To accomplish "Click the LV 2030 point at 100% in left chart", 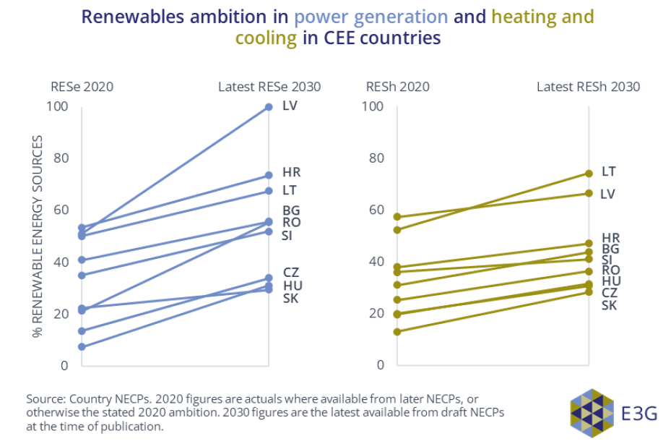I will pyautogui.click(x=269, y=107).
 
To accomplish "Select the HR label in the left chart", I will pyautogui.click(x=291, y=173).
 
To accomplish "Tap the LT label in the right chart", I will pyautogui.click(x=609, y=171).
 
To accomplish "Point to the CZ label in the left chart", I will pyautogui.click(x=291, y=273).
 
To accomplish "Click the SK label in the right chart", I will pyautogui.click(x=610, y=305).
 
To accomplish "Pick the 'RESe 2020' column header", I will pyautogui.click(x=82, y=87).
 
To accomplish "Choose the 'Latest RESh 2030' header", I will pyautogui.click(x=588, y=87).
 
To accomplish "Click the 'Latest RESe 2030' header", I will pyautogui.click(x=269, y=87).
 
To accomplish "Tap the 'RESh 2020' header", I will pyautogui.click(x=398, y=87).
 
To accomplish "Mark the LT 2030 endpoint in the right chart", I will pyautogui.click(x=589, y=174).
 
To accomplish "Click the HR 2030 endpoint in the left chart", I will pyautogui.click(x=269, y=175).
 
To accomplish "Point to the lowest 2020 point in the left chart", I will pyautogui.click(x=82, y=347).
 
